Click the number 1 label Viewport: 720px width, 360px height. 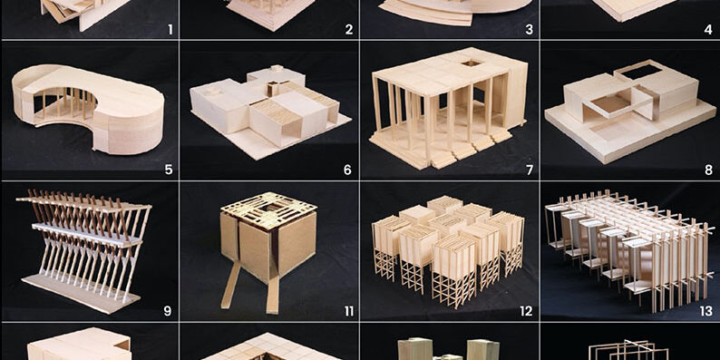pos(170,30)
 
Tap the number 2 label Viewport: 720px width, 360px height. pos(349,30)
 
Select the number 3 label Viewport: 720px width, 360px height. pos(529,30)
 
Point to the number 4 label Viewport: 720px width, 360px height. pos(708,30)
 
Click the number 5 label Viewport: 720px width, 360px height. pos(169,170)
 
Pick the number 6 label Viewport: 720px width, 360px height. pos(347,170)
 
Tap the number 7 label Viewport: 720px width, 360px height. pos(530,170)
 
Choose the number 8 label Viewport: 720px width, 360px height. pos(708,170)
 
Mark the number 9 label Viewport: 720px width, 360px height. pos(168,311)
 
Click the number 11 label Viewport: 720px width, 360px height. pos(349,311)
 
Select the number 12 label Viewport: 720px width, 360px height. pos(526,311)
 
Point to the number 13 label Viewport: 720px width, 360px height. pos(706,311)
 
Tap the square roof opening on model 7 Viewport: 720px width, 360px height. pos(470,63)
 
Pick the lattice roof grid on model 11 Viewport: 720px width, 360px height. pos(269,209)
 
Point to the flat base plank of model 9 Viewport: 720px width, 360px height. pos(82,294)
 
